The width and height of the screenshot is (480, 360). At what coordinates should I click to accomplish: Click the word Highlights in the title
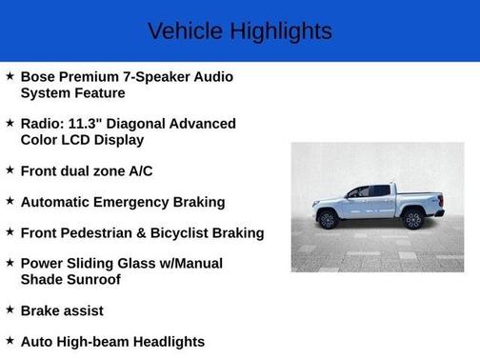[280, 31]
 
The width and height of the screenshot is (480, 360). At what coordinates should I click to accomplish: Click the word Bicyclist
[196, 232]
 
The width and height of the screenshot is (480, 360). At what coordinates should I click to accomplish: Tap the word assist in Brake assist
[83, 310]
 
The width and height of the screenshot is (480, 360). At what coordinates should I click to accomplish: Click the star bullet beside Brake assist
[10, 310]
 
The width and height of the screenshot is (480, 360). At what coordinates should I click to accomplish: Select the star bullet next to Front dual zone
[10, 170]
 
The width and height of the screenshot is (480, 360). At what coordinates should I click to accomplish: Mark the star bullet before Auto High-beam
[10, 340]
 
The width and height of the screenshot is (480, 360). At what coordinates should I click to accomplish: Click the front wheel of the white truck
[329, 220]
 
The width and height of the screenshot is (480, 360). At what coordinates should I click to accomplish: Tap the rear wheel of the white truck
[412, 220]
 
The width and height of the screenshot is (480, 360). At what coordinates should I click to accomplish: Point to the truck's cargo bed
[417, 197]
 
